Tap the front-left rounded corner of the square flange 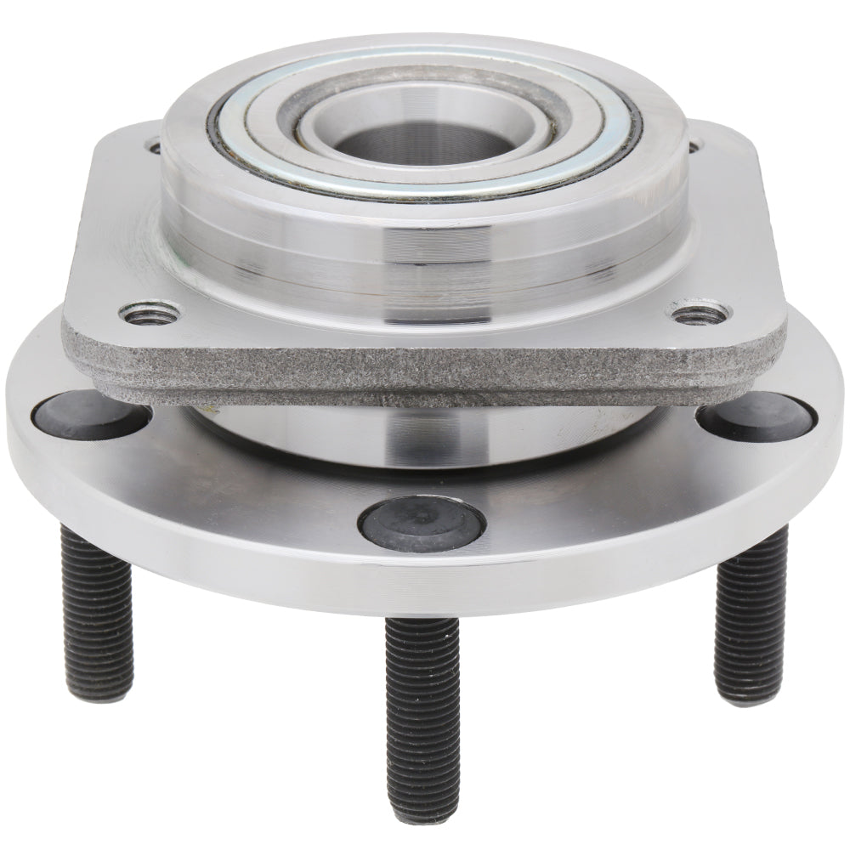[x=76, y=340]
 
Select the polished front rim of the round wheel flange [x=425, y=586]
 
